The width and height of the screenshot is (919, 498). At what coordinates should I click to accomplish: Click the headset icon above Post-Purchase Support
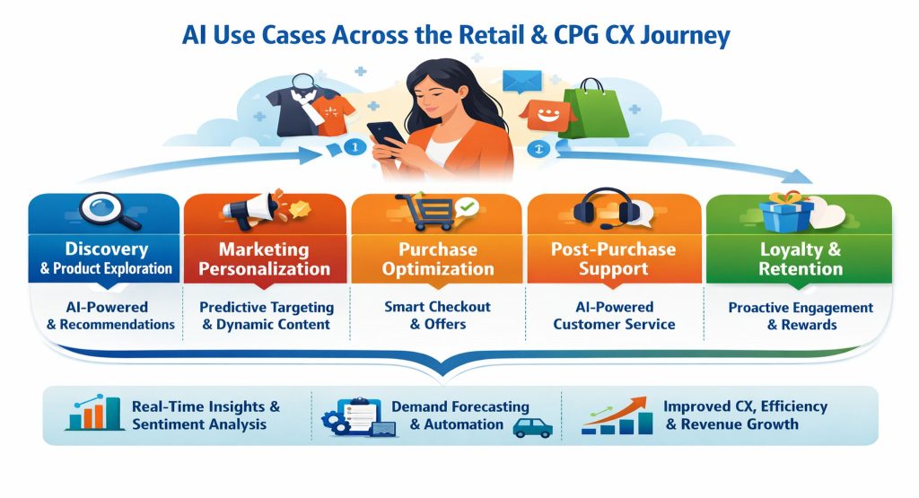click(611, 211)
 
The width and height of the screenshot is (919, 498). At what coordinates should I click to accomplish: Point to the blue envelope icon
click(518, 83)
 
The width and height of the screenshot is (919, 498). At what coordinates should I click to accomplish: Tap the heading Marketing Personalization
click(264, 258)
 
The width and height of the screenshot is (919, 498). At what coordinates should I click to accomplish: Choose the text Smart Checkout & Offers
click(437, 315)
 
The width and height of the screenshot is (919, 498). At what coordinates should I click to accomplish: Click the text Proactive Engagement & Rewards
click(800, 316)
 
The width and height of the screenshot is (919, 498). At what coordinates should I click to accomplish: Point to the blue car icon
click(532, 426)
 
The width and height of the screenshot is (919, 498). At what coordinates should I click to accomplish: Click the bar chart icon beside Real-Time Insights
click(94, 415)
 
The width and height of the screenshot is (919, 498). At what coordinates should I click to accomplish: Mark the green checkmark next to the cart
click(467, 208)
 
